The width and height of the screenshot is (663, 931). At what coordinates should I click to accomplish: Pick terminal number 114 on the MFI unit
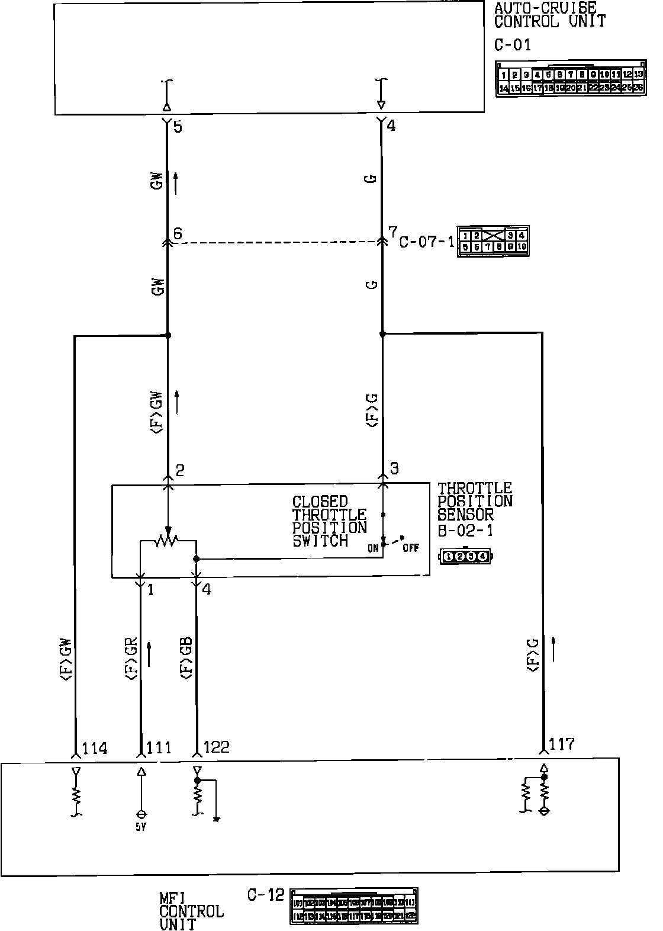pyautogui.click(x=95, y=749)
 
